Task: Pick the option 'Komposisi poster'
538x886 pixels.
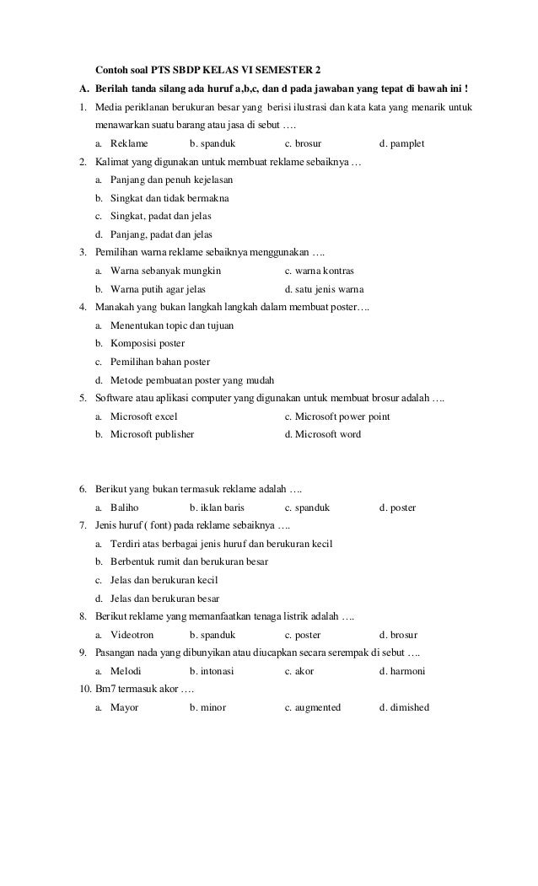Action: click(x=148, y=344)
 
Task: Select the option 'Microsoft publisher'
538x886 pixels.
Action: click(x=152, y=435)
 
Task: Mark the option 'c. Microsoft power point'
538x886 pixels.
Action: click(x=337, y=416)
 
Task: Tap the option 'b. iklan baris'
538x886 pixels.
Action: click(x=217, y=508)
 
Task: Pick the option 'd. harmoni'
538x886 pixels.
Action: click(x=402, y=671)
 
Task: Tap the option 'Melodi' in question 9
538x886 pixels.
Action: click(x=126, y=671)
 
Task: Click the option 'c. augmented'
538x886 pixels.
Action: click(x=313, y=707)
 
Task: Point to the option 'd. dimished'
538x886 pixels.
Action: click(x=405, y=707)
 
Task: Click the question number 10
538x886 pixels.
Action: click(x=80, y=690)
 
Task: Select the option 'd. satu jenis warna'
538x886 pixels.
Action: click(x=324, y=290)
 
